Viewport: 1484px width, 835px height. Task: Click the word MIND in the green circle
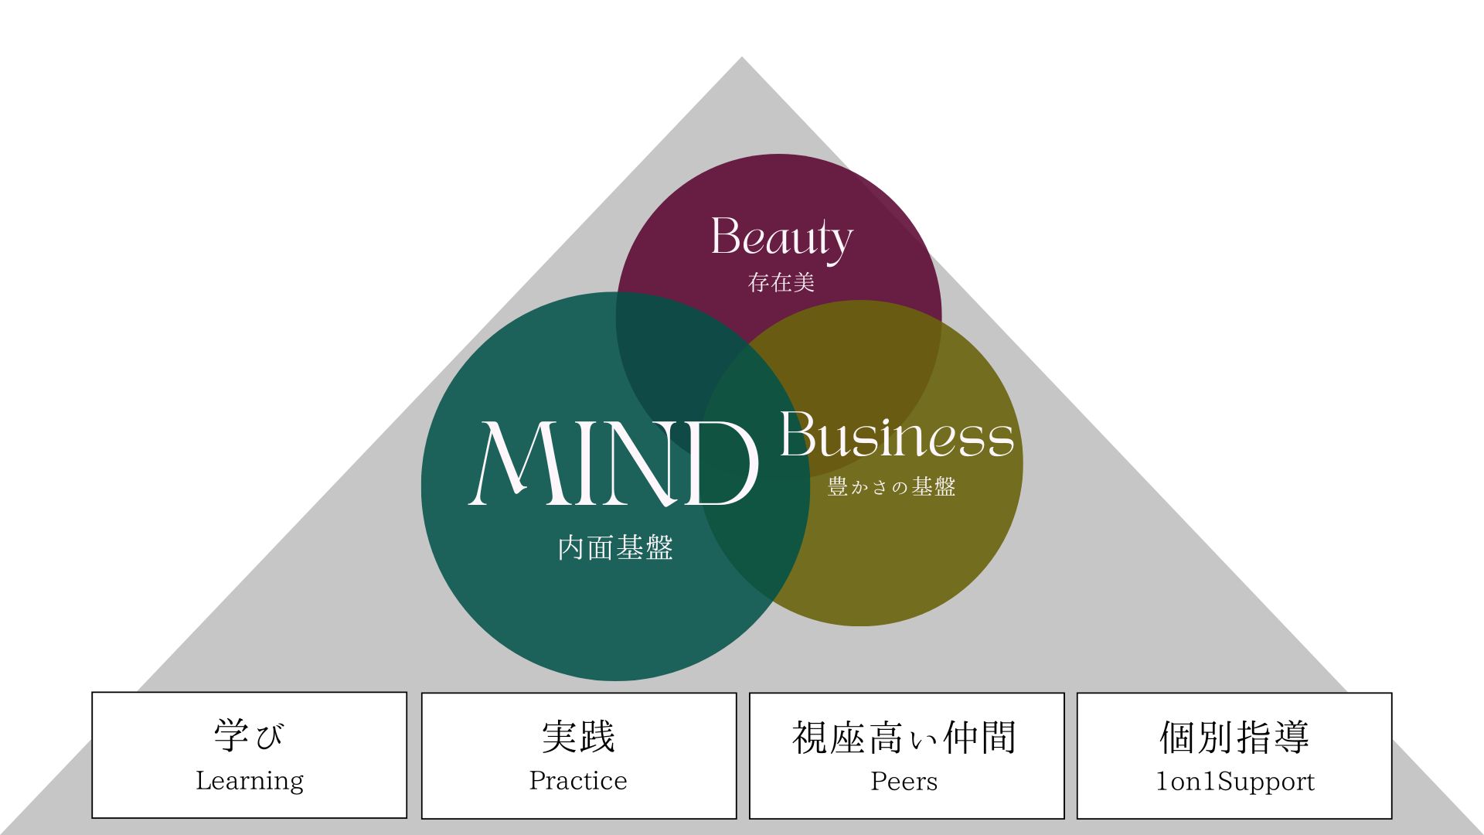(613, 464)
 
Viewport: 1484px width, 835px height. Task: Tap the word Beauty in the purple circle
(781, 237)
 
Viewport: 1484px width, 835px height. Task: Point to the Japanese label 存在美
(781, 283)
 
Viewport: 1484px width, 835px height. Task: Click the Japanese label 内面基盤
(615, 548)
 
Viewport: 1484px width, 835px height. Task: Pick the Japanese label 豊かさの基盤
(892, 487)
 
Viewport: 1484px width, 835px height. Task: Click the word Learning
(250, 781)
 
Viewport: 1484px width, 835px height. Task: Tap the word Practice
(578, 781)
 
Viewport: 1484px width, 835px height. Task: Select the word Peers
(904, 782)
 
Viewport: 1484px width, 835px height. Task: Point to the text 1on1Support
(1235, 782)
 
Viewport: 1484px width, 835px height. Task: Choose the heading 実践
(578, 737)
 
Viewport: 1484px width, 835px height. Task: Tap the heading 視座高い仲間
(904, 738)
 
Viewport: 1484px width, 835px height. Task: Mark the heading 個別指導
(1234, 737)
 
